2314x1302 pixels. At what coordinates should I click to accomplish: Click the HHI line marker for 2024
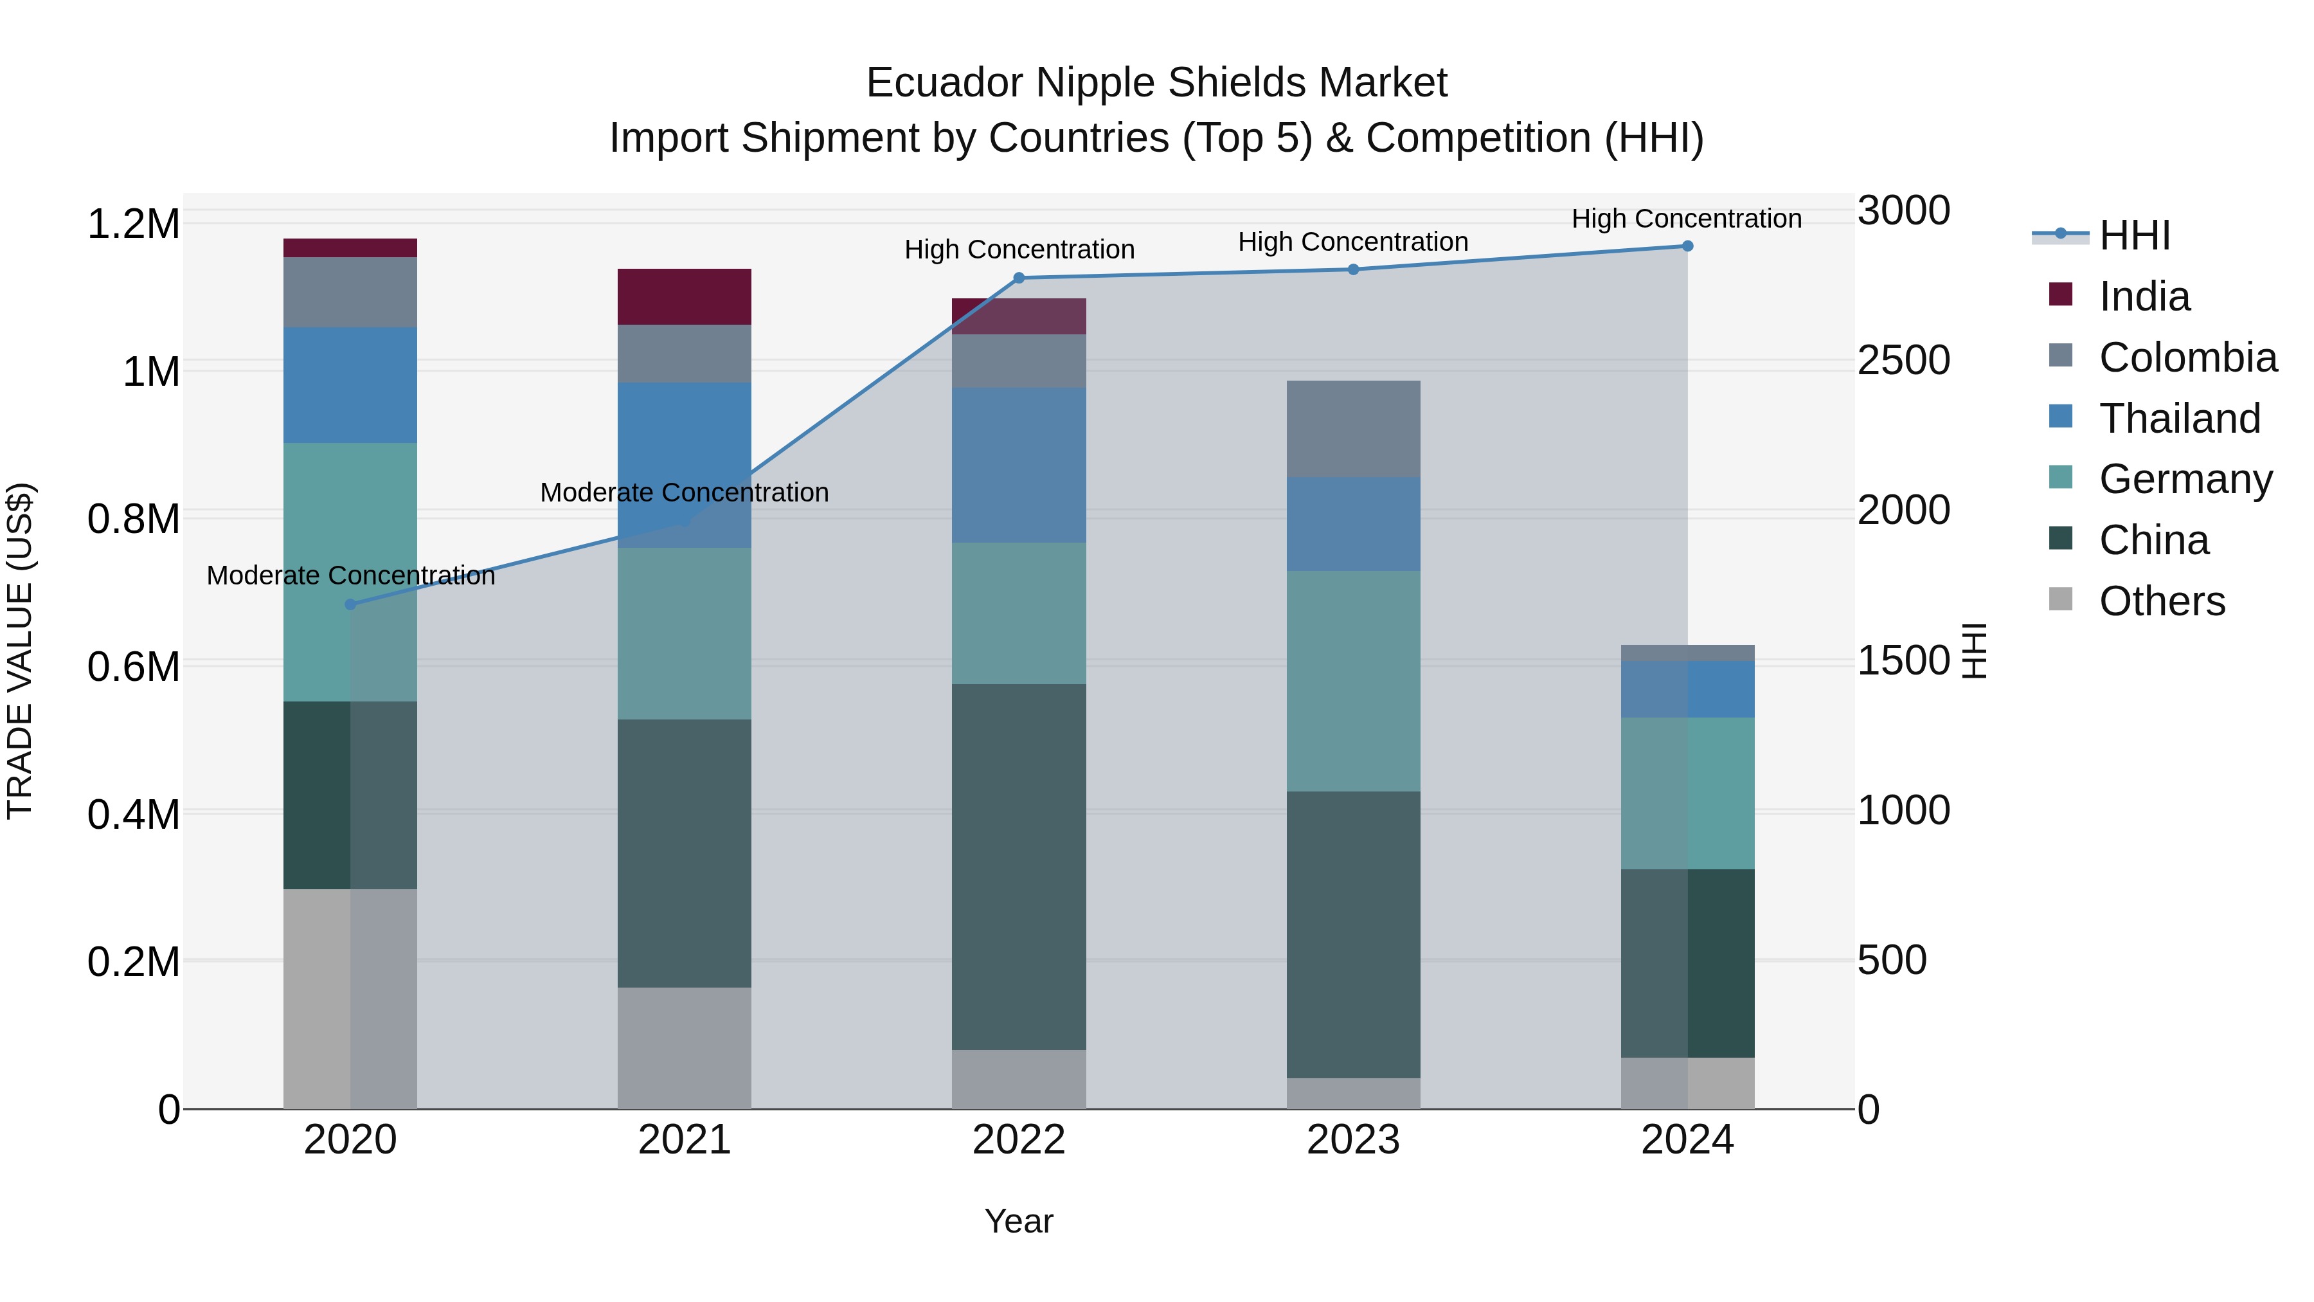[x=1687, y=246]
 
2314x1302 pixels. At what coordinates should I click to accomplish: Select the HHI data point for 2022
[x=1019, y=278]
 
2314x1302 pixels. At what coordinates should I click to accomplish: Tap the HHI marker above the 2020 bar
[x=350, y=605]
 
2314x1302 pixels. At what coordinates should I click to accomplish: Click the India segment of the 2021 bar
[x=685, y=296]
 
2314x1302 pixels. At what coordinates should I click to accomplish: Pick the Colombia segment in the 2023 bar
[x=1353, y=429]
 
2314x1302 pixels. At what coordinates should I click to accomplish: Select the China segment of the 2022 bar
[x=1019, y=867]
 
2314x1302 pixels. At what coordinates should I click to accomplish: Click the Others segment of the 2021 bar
[x=685, y=1048]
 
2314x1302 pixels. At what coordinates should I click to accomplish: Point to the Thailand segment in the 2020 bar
[x=350, y=384]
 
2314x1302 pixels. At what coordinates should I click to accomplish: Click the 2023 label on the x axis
[x=1353, y=1140]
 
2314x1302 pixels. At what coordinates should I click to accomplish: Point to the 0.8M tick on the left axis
[x=133, y=520]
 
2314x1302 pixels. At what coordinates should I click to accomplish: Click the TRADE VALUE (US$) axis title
[x=20, y=651]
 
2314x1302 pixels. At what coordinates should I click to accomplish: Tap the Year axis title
[x=1019, y=1221]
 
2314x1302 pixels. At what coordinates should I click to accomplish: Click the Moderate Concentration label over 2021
[x=685, y=493]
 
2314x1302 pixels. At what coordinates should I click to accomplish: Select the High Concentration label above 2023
[x=1353, y=242]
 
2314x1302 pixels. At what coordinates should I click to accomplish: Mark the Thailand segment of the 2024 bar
[x=1687, y=689]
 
